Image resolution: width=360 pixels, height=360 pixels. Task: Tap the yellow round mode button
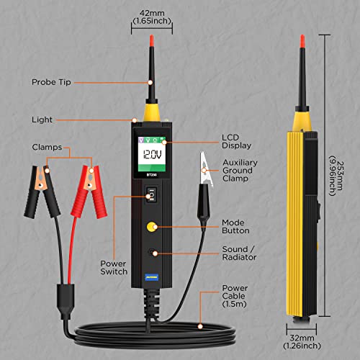[x=151, y=225]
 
